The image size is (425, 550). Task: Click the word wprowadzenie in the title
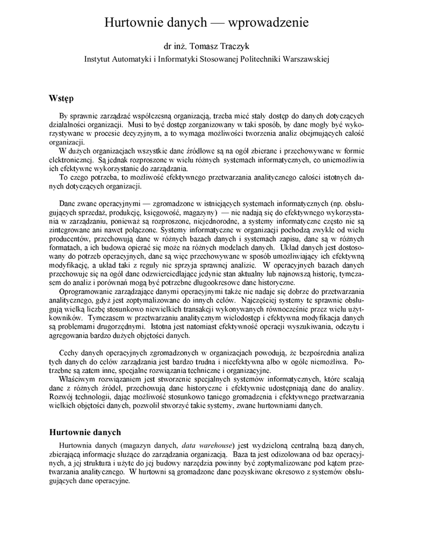[269, 23]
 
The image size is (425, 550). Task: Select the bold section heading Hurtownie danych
[85, 432]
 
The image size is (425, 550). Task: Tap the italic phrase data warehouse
[207, 445]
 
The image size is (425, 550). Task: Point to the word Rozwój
[63, 396]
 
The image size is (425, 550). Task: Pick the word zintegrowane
[73, 229]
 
